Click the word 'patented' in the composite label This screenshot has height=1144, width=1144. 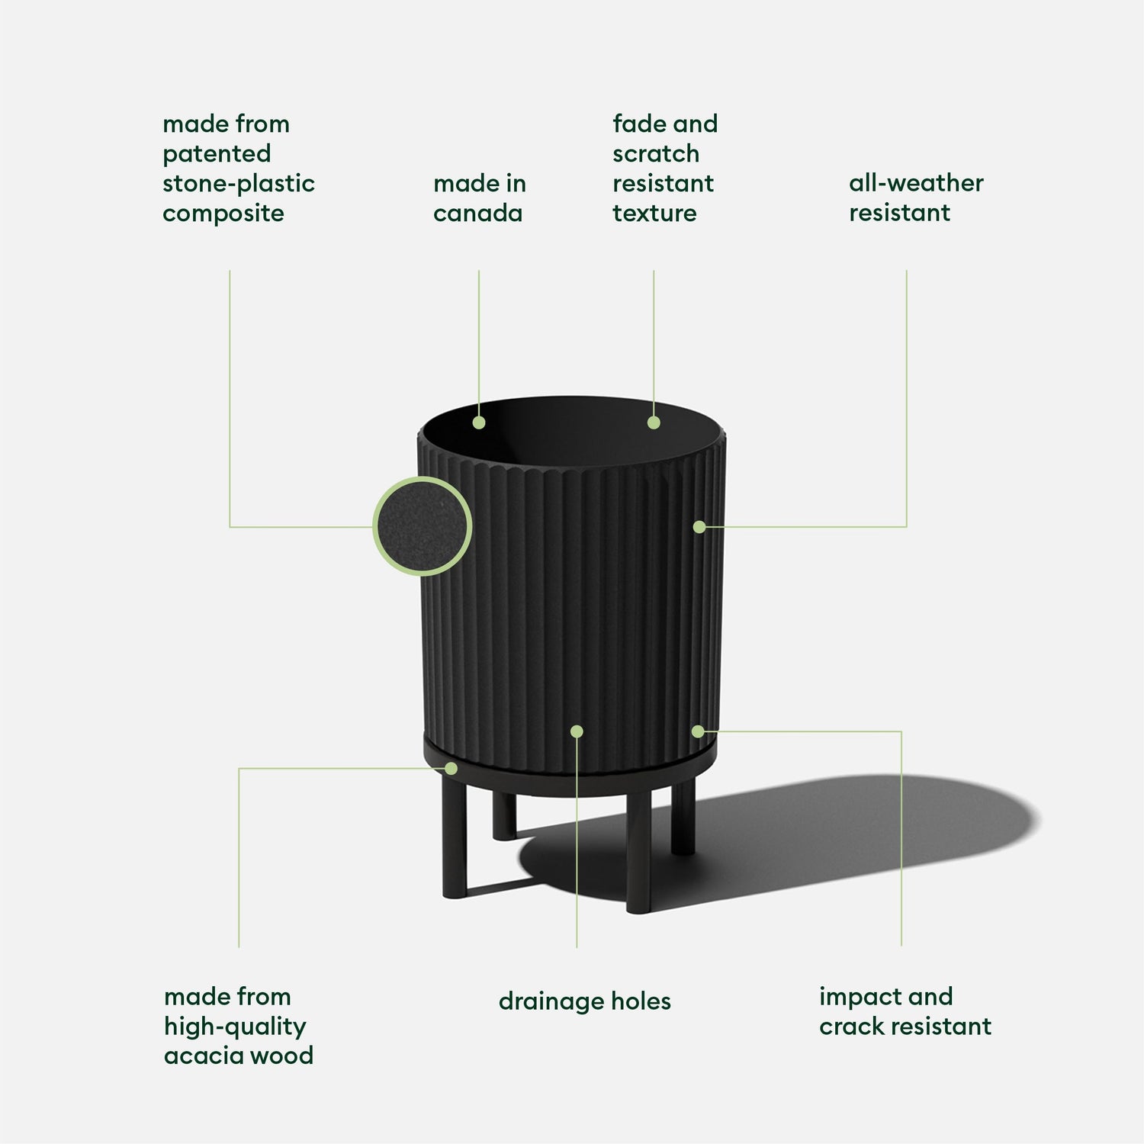[x=217, y=154]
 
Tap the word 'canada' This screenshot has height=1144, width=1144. [x=477, y=214]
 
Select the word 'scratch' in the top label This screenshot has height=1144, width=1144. [x=655, y=154]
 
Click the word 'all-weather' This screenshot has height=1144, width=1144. [x=916, y=183]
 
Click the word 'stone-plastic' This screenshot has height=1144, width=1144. [x=238, y=184]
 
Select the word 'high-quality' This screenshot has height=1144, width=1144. [x=235, y=1027]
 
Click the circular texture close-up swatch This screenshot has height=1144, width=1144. [x=422, y=526]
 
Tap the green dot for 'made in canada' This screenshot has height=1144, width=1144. [x=479, y=423]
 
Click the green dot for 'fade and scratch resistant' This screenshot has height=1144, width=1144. [x=654, y=423]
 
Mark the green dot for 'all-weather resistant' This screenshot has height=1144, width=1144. [x=699, y=526]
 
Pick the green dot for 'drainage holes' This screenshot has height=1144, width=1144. [x=577, y=731]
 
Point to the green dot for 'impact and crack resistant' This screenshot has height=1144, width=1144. [x=698, y=731]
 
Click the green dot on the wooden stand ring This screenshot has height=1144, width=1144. [x=451, y=768]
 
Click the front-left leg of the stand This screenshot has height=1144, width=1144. [x=454, y=839]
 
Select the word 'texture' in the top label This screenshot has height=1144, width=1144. [x=654, y=214]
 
